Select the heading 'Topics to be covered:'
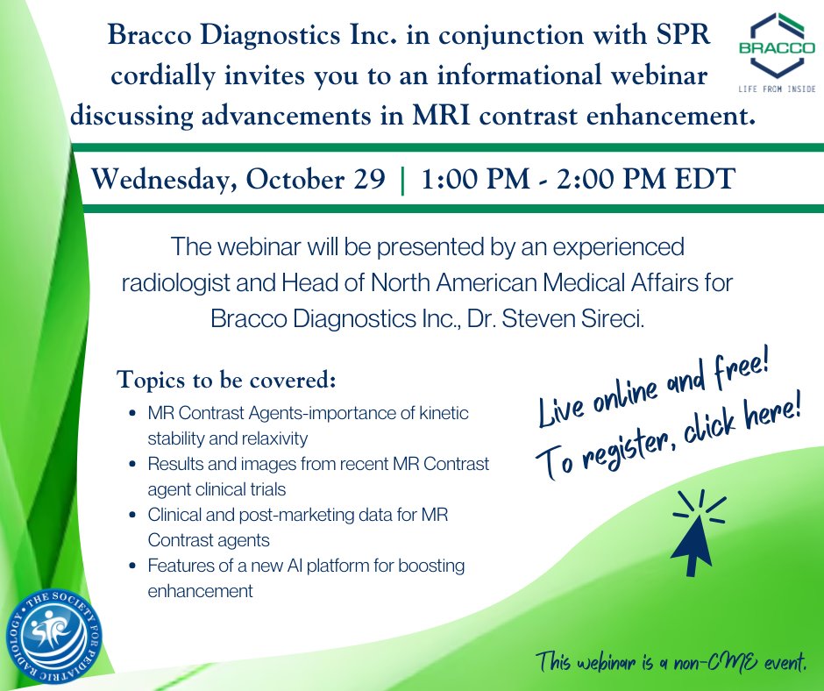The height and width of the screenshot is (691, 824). click(227, 382)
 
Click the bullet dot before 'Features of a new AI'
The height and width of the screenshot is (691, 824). click(131, 566)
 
